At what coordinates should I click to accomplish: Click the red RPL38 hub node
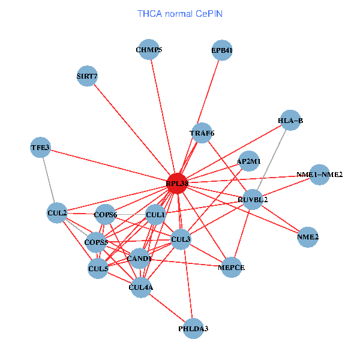click(178, 183)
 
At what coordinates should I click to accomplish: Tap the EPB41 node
click(222, 51)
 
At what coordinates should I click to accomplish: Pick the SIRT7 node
click(88, 76)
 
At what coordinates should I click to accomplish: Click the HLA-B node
click(290, 121)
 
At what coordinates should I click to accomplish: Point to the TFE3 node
click(41, 148)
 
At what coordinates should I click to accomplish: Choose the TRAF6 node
click(202, 133)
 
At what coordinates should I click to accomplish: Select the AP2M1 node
click(248, 161)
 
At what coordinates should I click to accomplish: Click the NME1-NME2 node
click(319, 175)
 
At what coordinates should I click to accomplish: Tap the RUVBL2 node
click(253, 199)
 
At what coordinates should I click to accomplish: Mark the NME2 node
click(308, 237)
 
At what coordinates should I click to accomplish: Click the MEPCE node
click(232, 266)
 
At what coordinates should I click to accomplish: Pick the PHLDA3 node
click(193, 328)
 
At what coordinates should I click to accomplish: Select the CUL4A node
click(141, 287)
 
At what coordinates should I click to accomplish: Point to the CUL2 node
click(57, 212)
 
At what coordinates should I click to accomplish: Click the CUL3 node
click(181, 239)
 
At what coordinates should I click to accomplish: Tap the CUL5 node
click(98, 269)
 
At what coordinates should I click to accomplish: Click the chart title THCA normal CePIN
click(180, 13)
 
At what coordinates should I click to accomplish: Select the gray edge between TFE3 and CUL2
click(49, 180)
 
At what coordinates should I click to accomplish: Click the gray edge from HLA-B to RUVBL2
click(271, 160)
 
